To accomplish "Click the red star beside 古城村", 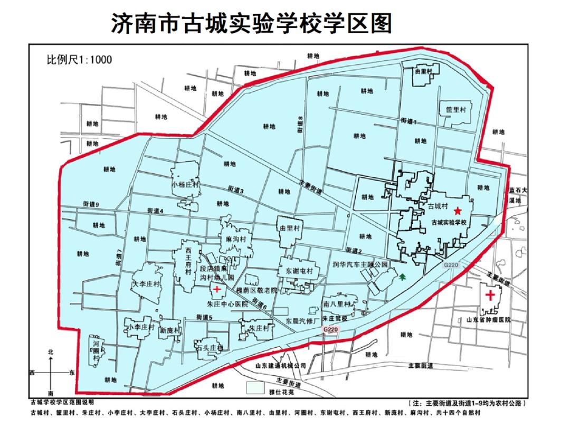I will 458,211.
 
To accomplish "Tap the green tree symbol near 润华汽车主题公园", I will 403,275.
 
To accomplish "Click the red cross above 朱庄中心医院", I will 217,289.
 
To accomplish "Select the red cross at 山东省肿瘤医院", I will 490,294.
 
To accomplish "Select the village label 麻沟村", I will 236,240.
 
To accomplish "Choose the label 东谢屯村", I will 299,270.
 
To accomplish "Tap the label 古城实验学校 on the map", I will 450,223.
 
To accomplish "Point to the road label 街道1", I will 408,121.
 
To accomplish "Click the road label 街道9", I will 92,204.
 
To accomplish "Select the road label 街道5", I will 204,317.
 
